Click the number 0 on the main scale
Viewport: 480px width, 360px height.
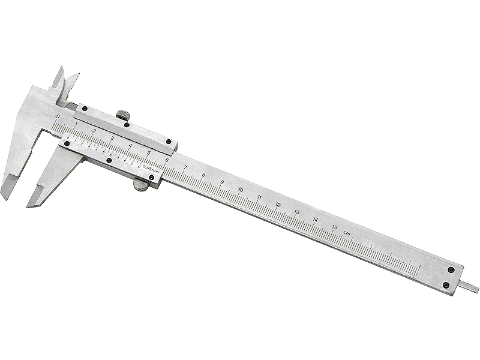click(58, 117)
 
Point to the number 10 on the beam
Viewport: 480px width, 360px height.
click(240, 190)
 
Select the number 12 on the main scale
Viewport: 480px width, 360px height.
click(278, 205)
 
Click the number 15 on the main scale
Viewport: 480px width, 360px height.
click(334, 226)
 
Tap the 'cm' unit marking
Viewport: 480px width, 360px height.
click(347, 232)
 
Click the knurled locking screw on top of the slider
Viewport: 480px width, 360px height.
click(123, 115)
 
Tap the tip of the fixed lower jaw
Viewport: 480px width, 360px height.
click(4, 194)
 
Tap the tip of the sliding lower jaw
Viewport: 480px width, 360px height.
click(30, 204)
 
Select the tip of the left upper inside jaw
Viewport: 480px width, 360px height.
click(61, 68)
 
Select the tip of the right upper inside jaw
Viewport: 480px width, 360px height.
click(76, 76)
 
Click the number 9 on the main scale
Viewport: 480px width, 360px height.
click(221, 182)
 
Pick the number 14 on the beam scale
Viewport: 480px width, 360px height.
click(316, 219)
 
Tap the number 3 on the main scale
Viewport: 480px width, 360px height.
click(112, 138)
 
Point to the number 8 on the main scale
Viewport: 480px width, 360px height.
click(203, 175)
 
